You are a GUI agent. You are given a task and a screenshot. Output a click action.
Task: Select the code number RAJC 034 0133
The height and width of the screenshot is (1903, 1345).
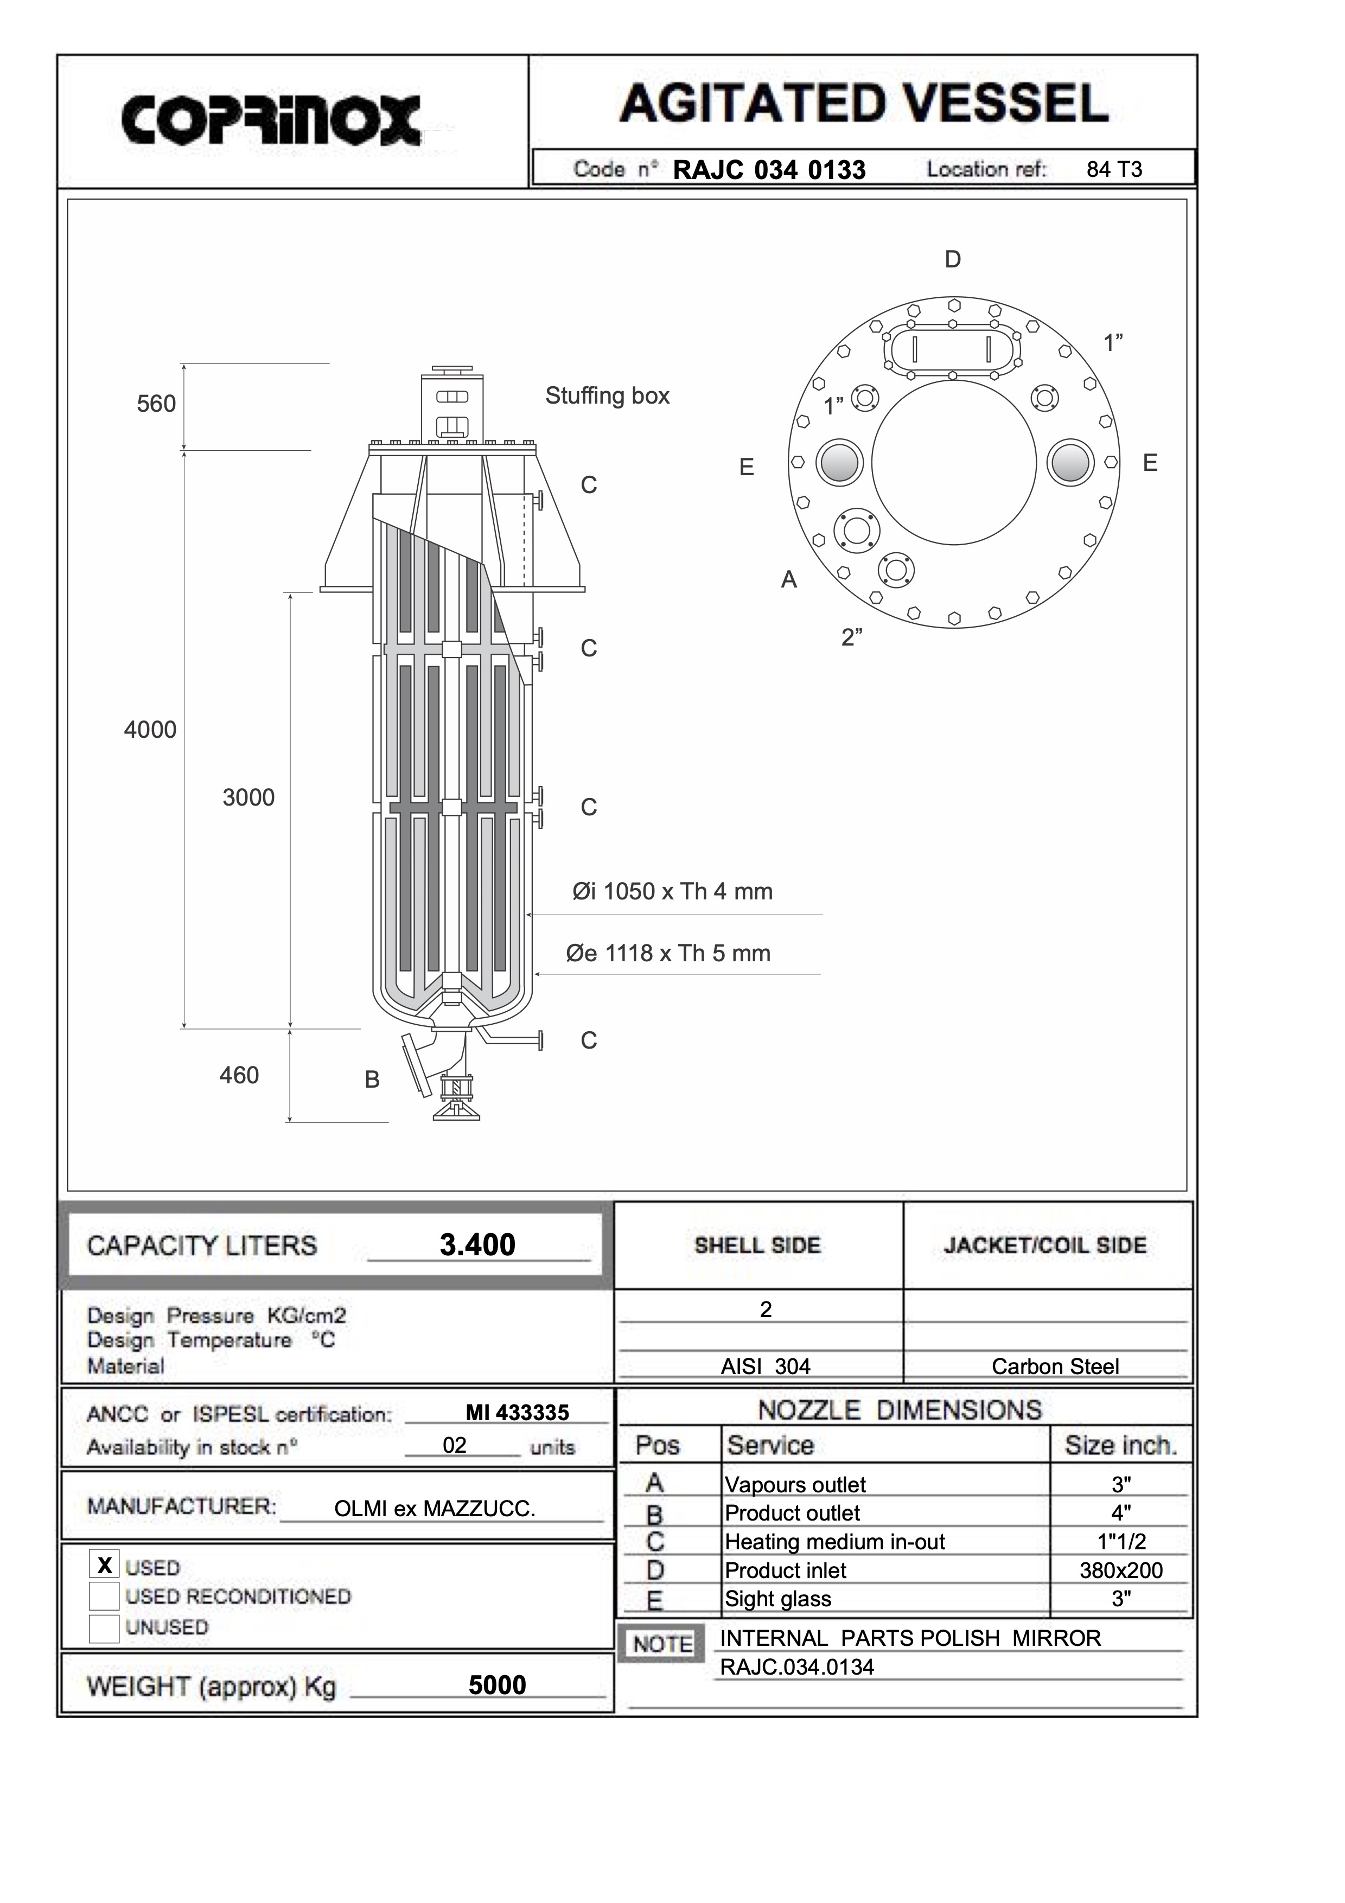point(768,170)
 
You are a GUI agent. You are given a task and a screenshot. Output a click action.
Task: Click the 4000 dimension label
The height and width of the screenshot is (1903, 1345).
point(150,730)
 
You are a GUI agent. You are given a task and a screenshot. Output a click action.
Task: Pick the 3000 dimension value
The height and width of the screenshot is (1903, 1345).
point(248,797)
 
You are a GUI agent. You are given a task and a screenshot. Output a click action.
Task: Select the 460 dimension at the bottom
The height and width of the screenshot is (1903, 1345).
point(239,1076)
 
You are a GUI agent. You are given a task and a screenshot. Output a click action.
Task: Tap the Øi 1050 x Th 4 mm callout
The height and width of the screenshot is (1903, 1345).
point(672,892)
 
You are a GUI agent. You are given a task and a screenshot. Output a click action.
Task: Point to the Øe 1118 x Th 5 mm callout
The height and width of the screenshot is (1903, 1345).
point(668,954)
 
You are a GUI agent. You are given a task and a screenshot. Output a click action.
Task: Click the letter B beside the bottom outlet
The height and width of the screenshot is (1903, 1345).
point(372,1080)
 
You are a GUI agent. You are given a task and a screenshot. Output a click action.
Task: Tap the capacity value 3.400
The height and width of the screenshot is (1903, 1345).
point(477,1245)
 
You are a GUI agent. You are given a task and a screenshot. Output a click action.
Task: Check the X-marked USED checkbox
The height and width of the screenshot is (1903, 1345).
point(104,1565)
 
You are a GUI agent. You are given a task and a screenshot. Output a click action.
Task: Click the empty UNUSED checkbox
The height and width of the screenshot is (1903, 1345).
point(104,1628)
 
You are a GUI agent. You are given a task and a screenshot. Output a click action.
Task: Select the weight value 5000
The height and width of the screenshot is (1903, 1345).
point(497,1685)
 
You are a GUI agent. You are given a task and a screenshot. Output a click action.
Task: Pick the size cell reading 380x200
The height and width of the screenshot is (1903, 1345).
point(1120,1570)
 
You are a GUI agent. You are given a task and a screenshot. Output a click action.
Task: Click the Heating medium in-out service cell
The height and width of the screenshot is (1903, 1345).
point(834,1542)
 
